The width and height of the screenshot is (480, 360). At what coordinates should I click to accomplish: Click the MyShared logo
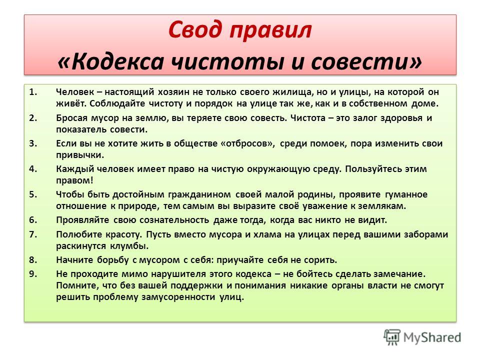422,337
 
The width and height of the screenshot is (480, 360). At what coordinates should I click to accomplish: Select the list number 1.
33,92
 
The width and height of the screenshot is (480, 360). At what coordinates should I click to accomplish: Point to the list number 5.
33,194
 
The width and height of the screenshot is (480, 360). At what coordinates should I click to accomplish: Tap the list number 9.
33,273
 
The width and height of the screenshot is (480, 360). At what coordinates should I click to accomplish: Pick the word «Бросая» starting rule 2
71,118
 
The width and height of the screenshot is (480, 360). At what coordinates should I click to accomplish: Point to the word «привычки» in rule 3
80,155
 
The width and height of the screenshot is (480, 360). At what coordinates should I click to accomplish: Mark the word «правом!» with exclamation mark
74,180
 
